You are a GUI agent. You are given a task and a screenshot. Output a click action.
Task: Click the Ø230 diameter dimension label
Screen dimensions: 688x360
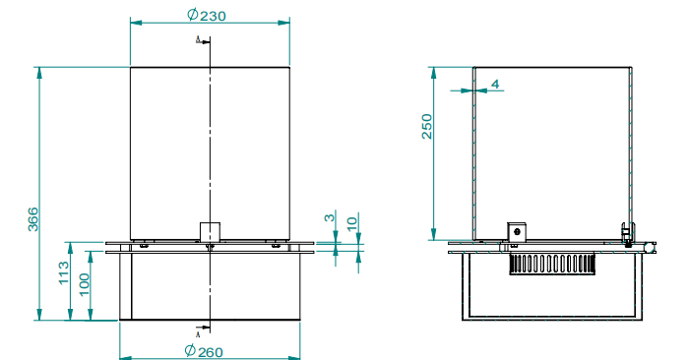[x=207, y=15]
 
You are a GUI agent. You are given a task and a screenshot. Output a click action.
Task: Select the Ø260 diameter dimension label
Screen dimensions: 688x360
[x=204, y=351]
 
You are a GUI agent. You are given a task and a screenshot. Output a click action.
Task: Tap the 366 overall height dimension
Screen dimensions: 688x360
[x=32, y=219]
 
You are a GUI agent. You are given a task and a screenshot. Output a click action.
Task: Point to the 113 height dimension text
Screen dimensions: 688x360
[x=64, y=272]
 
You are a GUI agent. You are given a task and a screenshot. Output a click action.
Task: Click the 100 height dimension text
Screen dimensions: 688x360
[x=84, y=284]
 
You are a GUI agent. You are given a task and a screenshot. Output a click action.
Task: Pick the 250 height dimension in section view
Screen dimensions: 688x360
[x=426, y=126]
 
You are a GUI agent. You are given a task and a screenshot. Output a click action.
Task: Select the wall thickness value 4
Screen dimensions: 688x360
[x=495, y=85]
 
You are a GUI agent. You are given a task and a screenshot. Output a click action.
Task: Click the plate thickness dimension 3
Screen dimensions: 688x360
[x=330, y=216]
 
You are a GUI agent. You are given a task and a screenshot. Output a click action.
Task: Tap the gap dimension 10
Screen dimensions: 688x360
[x=352, y=223]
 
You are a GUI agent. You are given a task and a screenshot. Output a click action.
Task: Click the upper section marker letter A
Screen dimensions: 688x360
[x=198, y=40]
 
